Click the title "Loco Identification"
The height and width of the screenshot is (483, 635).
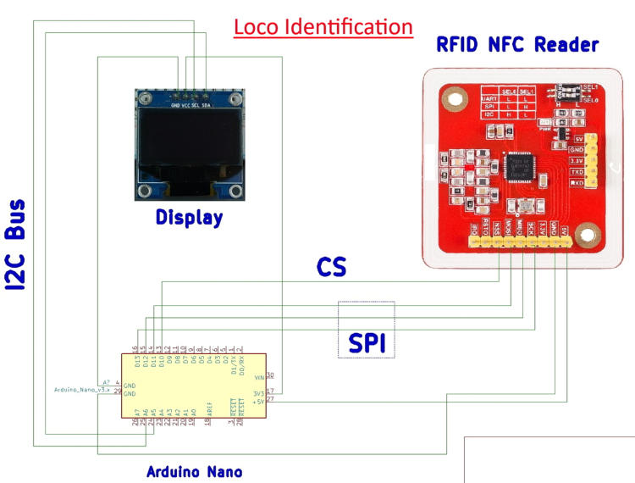point(323,27)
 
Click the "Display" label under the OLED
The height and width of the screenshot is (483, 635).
point(189,218)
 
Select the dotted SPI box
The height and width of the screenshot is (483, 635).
point(366,329)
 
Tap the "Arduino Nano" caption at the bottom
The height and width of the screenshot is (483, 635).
point(194,471)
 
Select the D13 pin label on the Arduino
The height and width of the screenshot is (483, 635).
point(136,363)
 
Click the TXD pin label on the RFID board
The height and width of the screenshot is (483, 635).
point(579,170)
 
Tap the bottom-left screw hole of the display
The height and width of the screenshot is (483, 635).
point(146,191)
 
